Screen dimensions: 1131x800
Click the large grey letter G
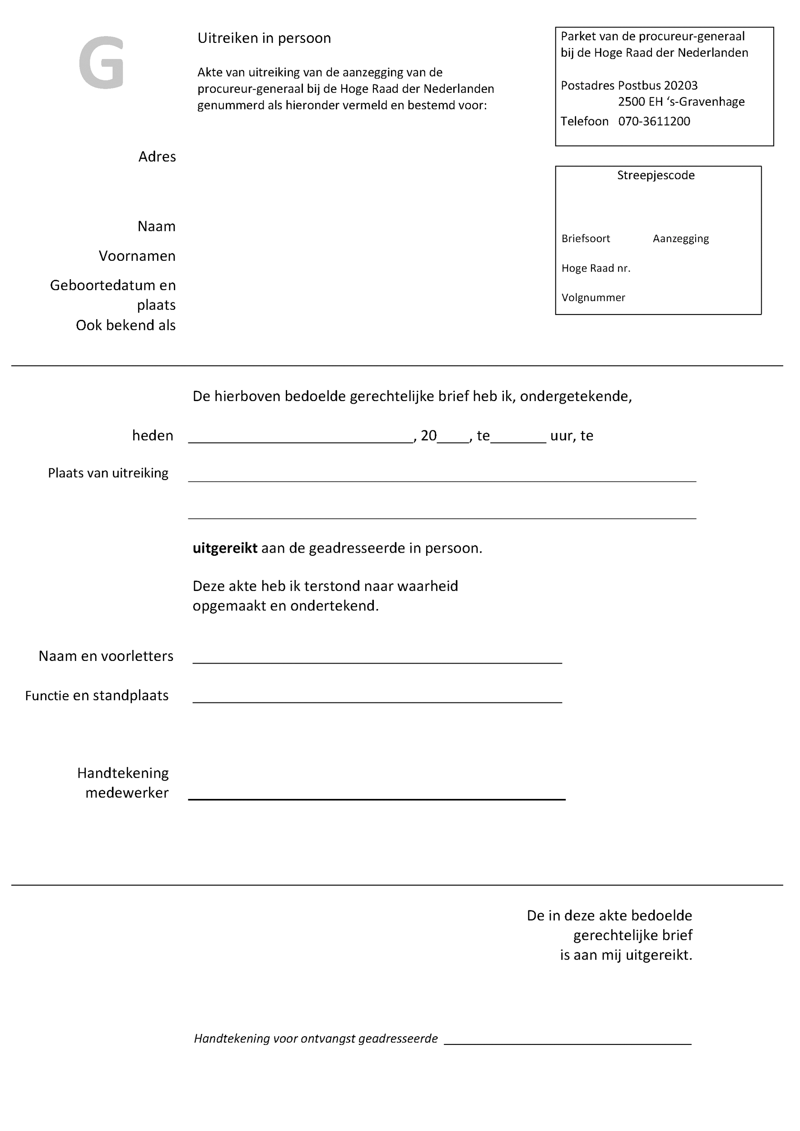[101, 63]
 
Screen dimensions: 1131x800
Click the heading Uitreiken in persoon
[264, 38]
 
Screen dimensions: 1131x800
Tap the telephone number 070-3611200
[654, 122]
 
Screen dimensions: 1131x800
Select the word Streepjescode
[656, 175]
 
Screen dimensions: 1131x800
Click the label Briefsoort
[585, 239]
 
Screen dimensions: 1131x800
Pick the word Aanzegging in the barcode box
[680, 239]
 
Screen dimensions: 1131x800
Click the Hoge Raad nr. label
[595, 268]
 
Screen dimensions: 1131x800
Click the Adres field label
[157, 157]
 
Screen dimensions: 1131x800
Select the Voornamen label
[137, 256]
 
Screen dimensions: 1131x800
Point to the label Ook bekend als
[126, 326]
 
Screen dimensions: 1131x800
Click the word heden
[152, 436]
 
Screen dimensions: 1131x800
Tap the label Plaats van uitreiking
[108, 473]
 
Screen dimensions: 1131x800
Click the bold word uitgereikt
[225, 548]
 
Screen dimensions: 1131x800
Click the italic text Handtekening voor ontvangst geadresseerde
[316, 1039]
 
